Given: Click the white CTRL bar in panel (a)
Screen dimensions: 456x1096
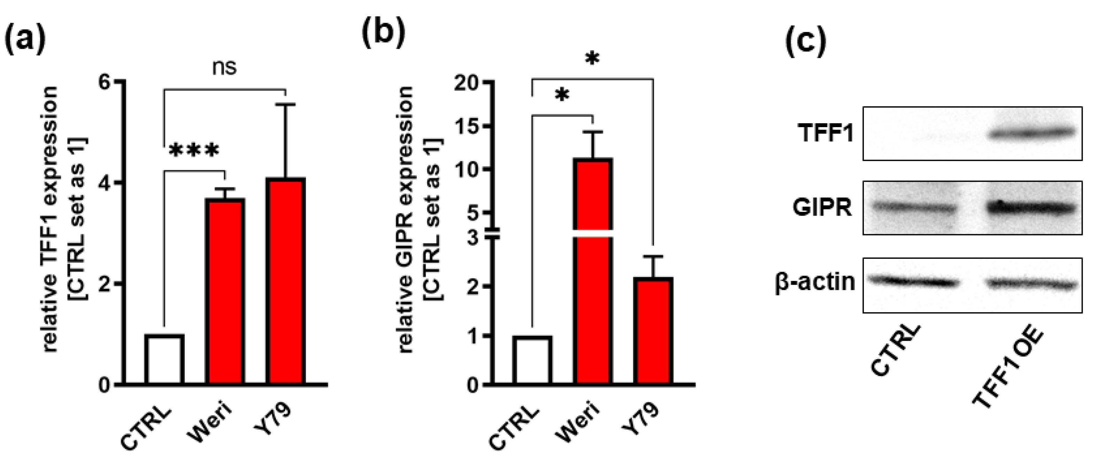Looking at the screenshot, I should (x=164, y=360).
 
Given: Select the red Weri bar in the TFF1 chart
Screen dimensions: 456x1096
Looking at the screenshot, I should (x=225, y=291).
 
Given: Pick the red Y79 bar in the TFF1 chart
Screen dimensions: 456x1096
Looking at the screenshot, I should (x=285, y=281).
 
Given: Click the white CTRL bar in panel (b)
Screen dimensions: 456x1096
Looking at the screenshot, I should (x=532, y=360).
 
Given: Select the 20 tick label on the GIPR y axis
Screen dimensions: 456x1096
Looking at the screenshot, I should (x=466, y=83).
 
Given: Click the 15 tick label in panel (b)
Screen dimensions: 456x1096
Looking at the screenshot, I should (x=466, y=126).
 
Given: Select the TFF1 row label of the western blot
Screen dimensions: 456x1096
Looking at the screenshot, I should (x=826, y=133).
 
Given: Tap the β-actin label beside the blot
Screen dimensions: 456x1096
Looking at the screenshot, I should (x=815, y=282).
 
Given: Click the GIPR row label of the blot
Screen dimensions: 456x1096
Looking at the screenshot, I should (x=822, y=208).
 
